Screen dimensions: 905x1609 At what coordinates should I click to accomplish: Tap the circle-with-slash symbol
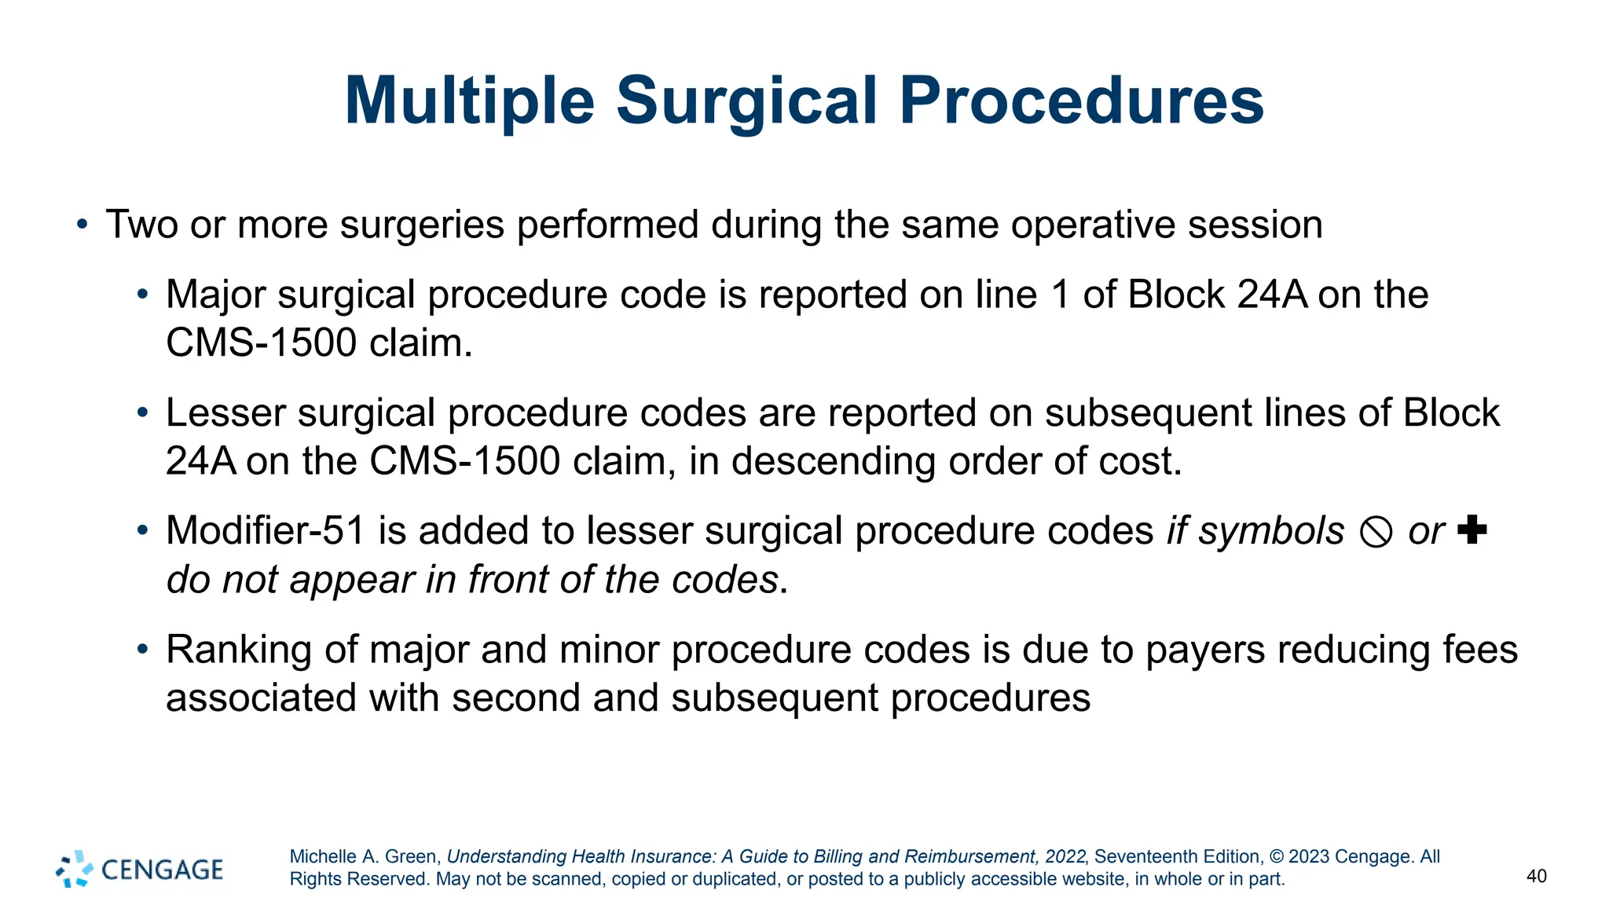[x=1376, y=533]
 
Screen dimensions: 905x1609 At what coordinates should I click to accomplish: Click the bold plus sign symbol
[x=1472, y=529]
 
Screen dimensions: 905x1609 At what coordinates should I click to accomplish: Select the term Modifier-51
[x=266, y=531]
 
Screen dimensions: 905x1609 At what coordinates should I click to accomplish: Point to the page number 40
[x=1536, y=876]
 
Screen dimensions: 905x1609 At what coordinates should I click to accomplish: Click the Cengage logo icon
[x=75, y=869]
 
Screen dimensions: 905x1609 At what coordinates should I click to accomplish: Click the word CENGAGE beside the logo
[x=163, y=870]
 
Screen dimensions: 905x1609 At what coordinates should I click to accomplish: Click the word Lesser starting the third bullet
[x=225, y=414]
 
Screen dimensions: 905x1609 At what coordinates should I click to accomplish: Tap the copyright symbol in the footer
[x=1276, y=856]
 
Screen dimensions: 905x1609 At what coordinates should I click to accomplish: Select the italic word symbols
[x=1271, y=531]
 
